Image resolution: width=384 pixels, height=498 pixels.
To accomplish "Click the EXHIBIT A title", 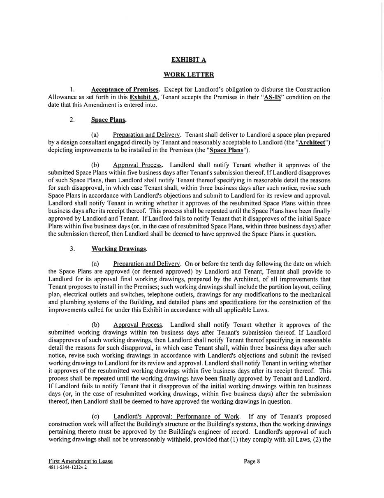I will point(189,60).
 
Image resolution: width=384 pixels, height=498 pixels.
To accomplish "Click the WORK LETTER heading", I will point(189,74).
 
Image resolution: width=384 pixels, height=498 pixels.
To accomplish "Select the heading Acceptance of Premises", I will point(125,89).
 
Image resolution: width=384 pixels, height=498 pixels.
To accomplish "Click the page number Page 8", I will point(252,461).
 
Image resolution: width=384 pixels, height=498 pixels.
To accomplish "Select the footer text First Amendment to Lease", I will point(81,461).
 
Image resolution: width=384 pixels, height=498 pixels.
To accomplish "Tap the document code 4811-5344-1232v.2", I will point(67,468).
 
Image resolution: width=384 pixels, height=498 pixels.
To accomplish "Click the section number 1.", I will point(72,89).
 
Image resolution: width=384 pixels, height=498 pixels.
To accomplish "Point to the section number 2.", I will point(72,120).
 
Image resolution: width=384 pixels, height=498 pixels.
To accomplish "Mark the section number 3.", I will point(72,249).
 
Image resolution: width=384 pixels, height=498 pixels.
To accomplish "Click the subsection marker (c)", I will point(95,417).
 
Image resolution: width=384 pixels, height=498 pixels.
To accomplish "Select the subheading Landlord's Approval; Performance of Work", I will point(176,417).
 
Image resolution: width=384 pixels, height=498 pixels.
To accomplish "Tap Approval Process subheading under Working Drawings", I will point(138,325).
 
